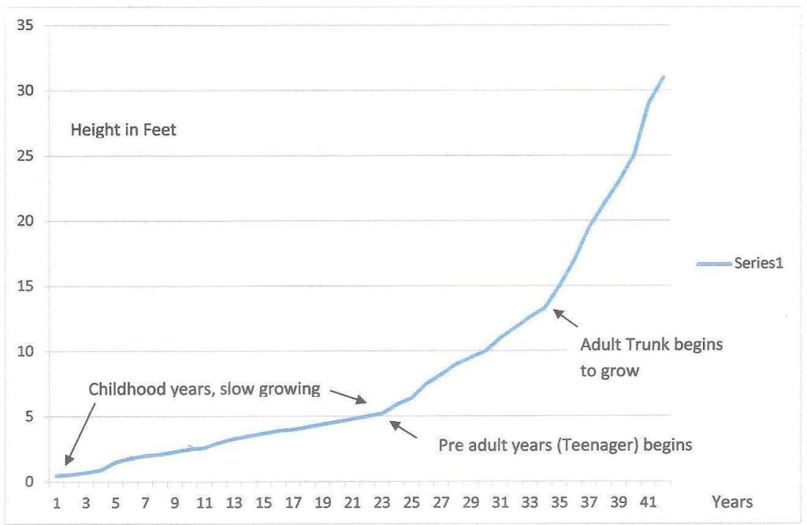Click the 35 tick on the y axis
[25, 24]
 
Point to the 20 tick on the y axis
[25, 221]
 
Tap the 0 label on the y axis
[29, 482]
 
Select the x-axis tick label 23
[382, 502]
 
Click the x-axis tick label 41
[649, 502]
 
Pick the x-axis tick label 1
[57, 502]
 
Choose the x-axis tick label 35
[560, 502]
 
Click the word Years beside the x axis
[732, 501]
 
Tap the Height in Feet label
[124, 130]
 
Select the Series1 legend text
[759, 263]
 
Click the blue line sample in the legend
[714, 264]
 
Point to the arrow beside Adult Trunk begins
[565, 318]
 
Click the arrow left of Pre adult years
[403, 429]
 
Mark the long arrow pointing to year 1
[80, 434]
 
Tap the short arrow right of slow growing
[348, 397]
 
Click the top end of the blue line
[664, 77]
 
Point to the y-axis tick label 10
[25, 352]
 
